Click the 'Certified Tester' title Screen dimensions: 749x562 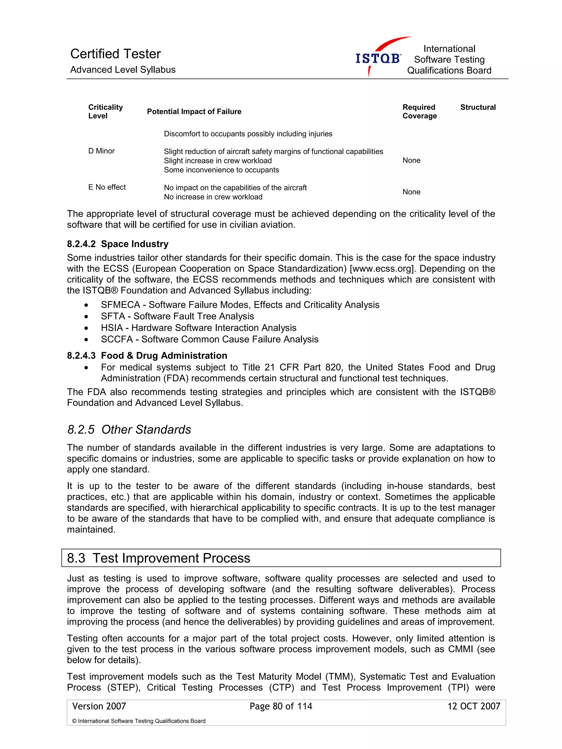click(115, 54)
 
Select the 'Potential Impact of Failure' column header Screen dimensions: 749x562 click(194, 112)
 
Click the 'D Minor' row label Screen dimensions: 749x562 click(102, 151)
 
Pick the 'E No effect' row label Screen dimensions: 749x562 click(107, 187)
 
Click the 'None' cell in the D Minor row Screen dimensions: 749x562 click(411, 160)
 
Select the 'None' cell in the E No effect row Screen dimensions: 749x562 click(411, 192)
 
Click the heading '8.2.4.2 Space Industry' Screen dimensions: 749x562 click(118, 244)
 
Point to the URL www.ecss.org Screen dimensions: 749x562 click(382, 269)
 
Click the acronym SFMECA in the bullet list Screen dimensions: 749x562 click(120, 305)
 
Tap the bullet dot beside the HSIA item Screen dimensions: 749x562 click(86, 328)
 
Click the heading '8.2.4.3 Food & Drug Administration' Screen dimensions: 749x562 click(147, 356)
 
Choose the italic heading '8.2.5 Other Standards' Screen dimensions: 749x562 click(129, 430)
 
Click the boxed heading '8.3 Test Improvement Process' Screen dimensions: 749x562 click(159, 558)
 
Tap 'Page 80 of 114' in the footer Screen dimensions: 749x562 click(281, 706)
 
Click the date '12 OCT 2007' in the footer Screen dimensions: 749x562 click(473, 706)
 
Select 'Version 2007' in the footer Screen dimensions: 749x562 click(99, 706)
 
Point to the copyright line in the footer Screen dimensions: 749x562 click(139, 721)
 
